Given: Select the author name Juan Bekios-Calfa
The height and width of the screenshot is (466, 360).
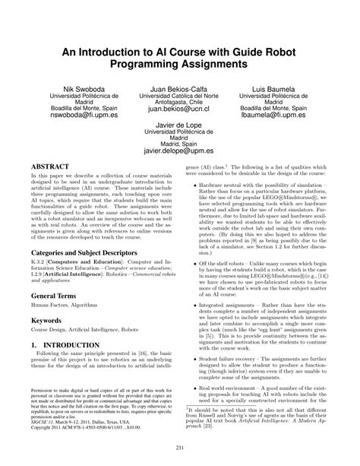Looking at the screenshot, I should (x=180, y=89).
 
